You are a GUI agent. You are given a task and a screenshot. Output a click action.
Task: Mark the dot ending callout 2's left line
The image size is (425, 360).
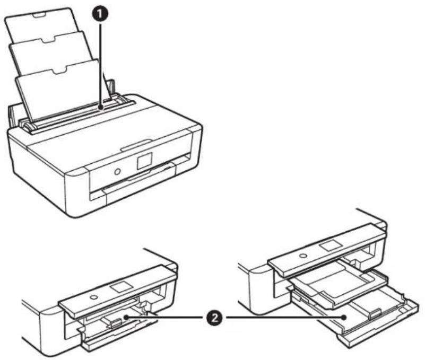[125, 317]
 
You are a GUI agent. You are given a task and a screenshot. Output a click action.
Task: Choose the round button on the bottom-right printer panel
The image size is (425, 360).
[302, 255]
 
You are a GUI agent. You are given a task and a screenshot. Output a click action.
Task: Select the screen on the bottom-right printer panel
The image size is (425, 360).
[331, 245]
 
